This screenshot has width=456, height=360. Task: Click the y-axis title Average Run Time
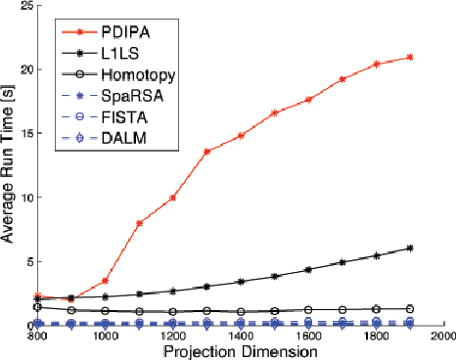11,166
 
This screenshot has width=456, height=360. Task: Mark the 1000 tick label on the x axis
105,336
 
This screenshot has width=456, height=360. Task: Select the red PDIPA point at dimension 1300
206,152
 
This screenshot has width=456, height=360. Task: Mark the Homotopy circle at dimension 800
37,306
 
